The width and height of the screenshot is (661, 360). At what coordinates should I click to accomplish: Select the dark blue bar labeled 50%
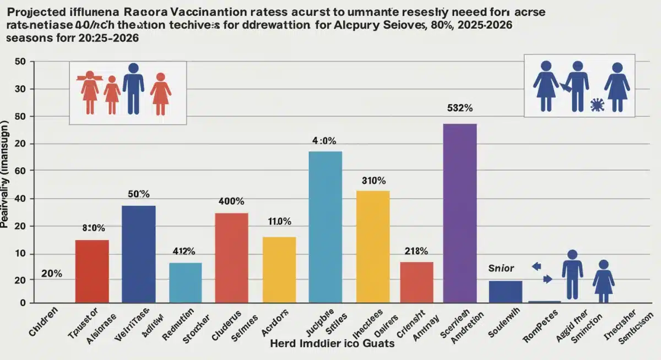click(138, 254)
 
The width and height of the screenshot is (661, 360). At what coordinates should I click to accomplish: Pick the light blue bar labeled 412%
click(185, 282)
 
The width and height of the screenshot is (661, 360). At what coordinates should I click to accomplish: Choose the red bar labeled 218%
click(416, 282)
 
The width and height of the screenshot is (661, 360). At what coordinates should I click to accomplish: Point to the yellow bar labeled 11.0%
click(279, 269)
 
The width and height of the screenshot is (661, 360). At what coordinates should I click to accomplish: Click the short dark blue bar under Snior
click(505, 291)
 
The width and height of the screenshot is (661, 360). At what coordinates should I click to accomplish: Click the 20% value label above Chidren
click(51, 274)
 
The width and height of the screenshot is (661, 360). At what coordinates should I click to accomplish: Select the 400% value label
click(231, 201)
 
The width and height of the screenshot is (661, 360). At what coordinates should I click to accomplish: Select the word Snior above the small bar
click(501, 268)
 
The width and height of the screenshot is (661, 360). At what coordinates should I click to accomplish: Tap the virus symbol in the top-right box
click(596, 105)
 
